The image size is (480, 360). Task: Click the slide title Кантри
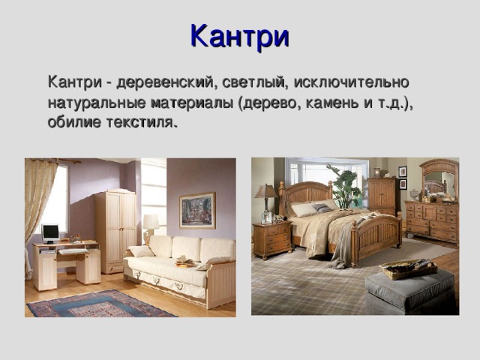pyautogui.click(x=239, y=36)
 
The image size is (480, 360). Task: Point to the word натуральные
pyautogui.click(x=94, y=101)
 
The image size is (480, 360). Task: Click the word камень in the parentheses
pyautogui.click(x=332, y=101)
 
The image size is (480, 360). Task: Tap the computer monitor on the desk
pyautogui.click(x=50, y=232)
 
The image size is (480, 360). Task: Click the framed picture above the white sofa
pyautogui.click(x=197, y=210)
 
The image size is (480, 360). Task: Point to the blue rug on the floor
pyautogui.click(x=100, y=304)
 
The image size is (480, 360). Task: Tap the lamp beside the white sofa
pyautogui.click(x=151, y=223)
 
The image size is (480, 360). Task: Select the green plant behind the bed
pyautogui.click(x=346, y=187)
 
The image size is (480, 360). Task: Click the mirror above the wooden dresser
pyautogui.click(x=439, y=180)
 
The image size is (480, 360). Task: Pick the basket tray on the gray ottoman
pyautogui.click(x=407, y=268)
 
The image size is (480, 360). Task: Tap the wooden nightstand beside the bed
pyautogui.click(x=271, y=239)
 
